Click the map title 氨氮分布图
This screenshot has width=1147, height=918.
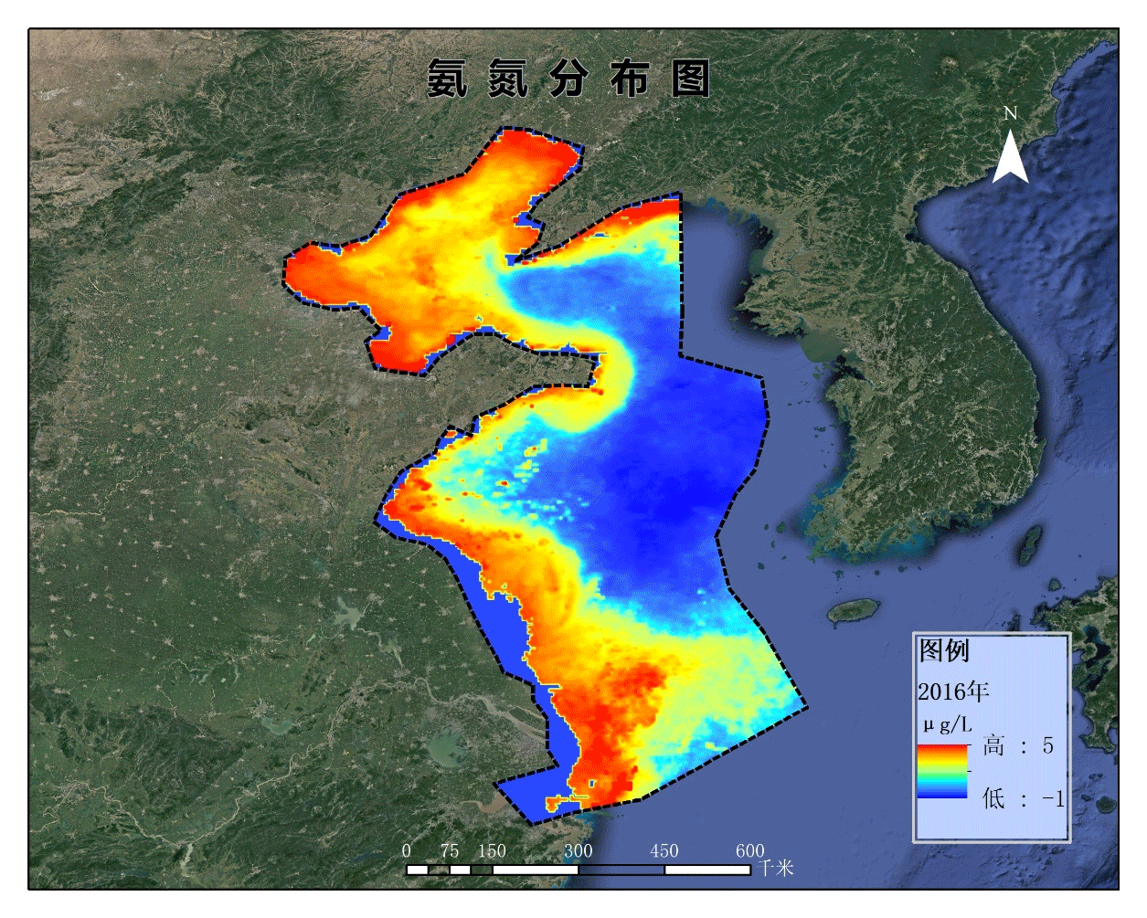coord(568,79)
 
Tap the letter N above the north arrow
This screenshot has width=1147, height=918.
coord(1010,113)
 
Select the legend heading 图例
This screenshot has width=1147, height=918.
coord(943,650)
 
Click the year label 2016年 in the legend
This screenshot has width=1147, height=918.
coord(953,691)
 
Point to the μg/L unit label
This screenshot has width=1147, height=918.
coord(947,725)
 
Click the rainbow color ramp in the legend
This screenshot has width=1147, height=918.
coord(942,771)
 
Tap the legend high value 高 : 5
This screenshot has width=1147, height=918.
coord(1018,746)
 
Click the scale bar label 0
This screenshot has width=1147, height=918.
coord(407,850)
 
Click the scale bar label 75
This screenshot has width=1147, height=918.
coord(449,850)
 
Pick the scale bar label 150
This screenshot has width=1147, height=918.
coord(492,850)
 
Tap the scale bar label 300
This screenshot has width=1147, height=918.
coord(578,850)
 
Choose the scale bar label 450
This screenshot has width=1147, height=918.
coord(664,850)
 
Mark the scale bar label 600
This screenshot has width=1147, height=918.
coord(749,850)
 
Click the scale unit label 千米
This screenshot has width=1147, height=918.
coord(776,867)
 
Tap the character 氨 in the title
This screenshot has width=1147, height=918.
coord(447,79)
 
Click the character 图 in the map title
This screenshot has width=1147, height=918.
coord(690,79)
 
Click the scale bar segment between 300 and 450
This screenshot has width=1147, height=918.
coord(621,870)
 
